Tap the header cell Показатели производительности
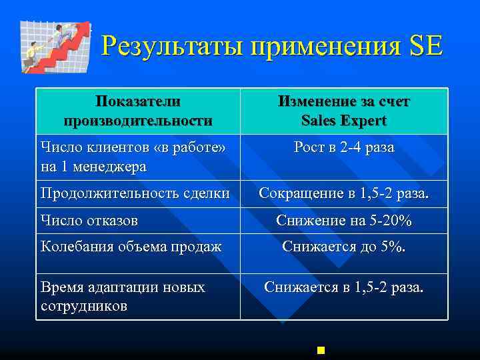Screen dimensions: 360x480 tap(137, 111)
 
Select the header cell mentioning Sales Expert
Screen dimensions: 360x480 tap(344, 111)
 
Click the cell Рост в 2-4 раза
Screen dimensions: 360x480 tap(344, 147)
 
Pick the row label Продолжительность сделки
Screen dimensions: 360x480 tap(135, 193)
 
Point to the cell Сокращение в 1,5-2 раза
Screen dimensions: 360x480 tap(344, 193)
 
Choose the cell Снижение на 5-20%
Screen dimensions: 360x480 tap(344, 220)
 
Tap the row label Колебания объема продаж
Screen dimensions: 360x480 tap(131, 247)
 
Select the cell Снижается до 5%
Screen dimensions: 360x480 tap(344, 247)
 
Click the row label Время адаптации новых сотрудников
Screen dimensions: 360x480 tap(123, 296)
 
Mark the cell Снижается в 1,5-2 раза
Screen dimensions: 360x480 tap(344, 287)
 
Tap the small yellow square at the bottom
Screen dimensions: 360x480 tap(321, 349)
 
